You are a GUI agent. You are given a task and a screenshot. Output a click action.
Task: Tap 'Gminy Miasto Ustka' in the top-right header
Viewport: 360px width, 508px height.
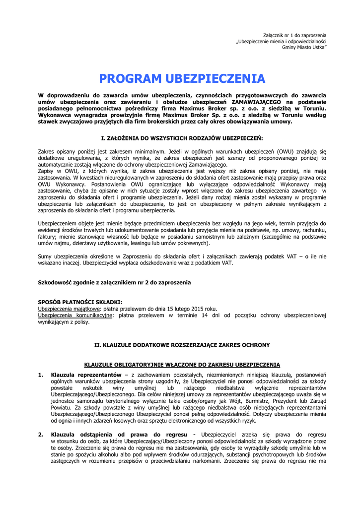304,47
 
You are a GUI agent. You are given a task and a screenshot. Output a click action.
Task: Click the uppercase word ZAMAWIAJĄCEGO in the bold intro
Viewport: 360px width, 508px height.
251,101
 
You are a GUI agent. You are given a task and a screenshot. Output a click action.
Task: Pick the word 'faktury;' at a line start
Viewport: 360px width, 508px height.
48,237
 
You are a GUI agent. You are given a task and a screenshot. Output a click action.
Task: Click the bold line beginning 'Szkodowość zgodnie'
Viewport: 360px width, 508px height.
114,282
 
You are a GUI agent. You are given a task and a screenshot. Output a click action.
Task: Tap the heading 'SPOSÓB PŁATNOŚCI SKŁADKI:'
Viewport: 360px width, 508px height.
80,302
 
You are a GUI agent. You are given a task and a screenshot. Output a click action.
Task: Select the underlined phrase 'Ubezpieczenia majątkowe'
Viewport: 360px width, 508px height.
66,308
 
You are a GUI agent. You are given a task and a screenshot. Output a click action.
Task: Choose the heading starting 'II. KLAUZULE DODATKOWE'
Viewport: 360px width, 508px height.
182,344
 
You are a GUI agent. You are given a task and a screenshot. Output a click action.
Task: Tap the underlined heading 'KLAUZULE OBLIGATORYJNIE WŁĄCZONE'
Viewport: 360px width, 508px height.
182,364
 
